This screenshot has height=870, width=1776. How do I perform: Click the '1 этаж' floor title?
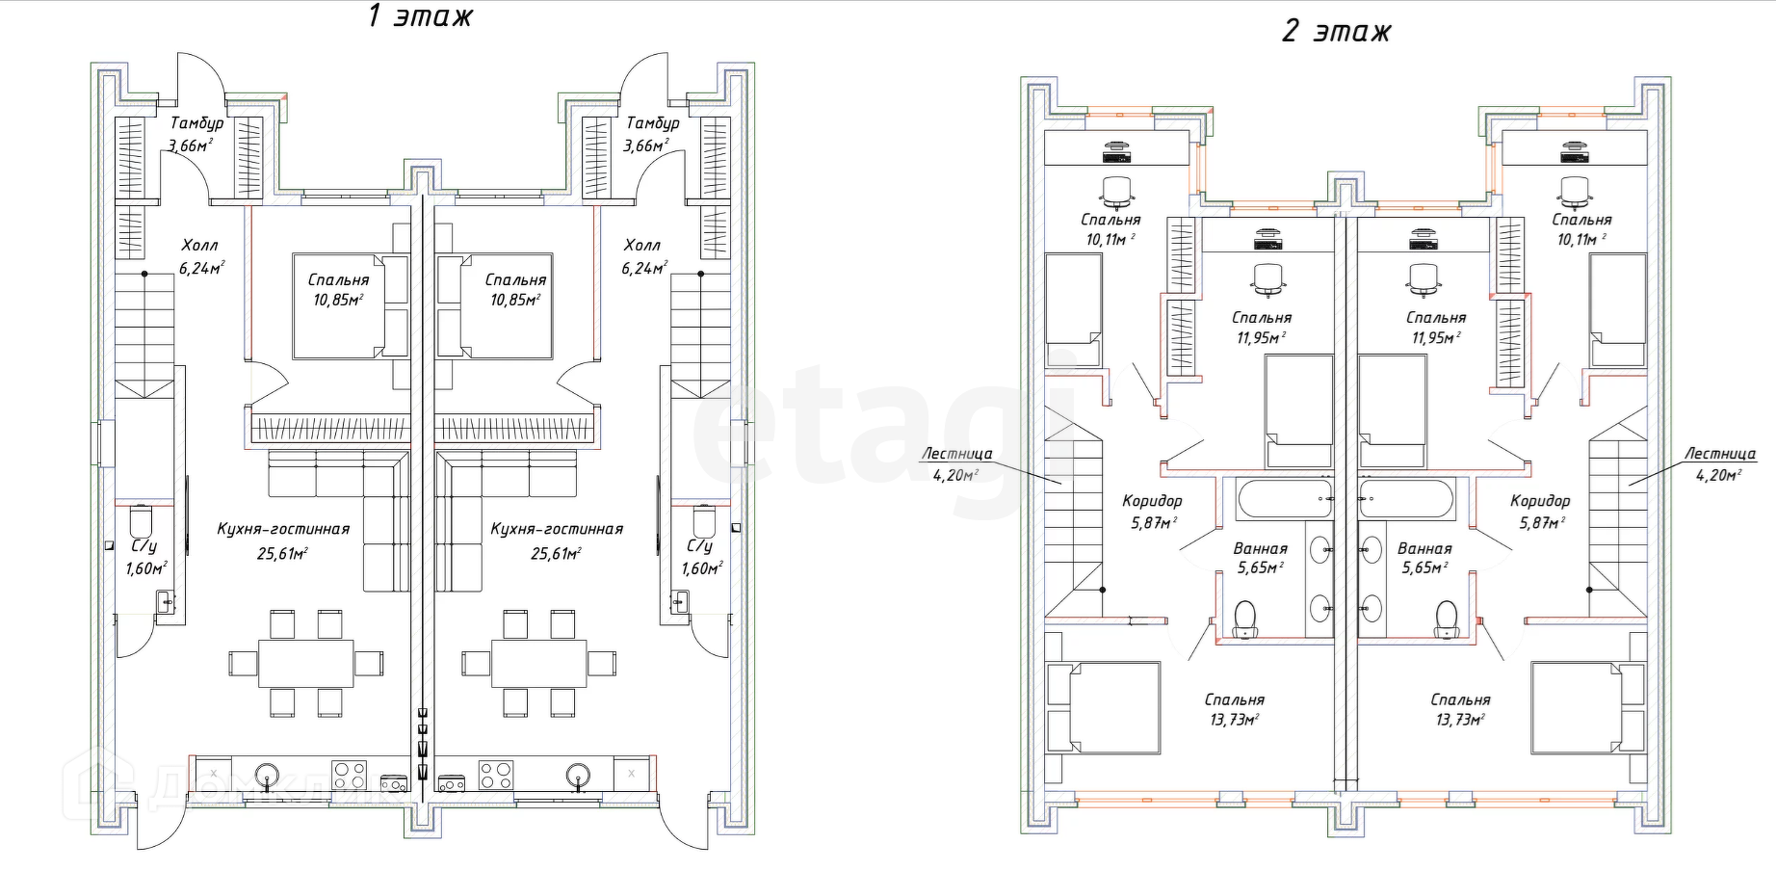click(420, 16)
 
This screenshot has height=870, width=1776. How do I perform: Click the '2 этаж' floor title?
click(1336, 32)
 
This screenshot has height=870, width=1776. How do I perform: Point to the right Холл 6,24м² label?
click(643, 256)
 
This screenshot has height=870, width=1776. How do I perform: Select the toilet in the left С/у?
click(141, 521)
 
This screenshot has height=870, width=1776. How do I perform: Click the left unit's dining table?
click(305, 663)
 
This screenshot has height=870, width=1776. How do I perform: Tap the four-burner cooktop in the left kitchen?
click(349, 775)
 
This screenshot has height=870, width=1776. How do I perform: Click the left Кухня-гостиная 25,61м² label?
click(283, 540)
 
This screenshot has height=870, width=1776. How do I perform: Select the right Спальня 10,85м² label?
click(515, 289)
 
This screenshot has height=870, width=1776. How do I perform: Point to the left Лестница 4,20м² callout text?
click(955, 463)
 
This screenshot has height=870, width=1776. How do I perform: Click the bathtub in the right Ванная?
click(1405, 499)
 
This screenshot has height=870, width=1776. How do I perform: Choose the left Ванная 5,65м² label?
click(1260, 558)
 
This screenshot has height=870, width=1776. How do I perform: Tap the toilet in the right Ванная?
click(1446, 619)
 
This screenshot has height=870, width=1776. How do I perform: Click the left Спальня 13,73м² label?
click(1234, 709)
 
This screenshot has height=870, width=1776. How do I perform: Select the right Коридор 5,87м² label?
click(1540, 511)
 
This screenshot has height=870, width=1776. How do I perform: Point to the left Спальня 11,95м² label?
click(1261, 328)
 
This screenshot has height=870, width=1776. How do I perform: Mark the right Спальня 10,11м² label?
click(1581, 229)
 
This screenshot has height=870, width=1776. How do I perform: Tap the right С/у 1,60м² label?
click(700, 557)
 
